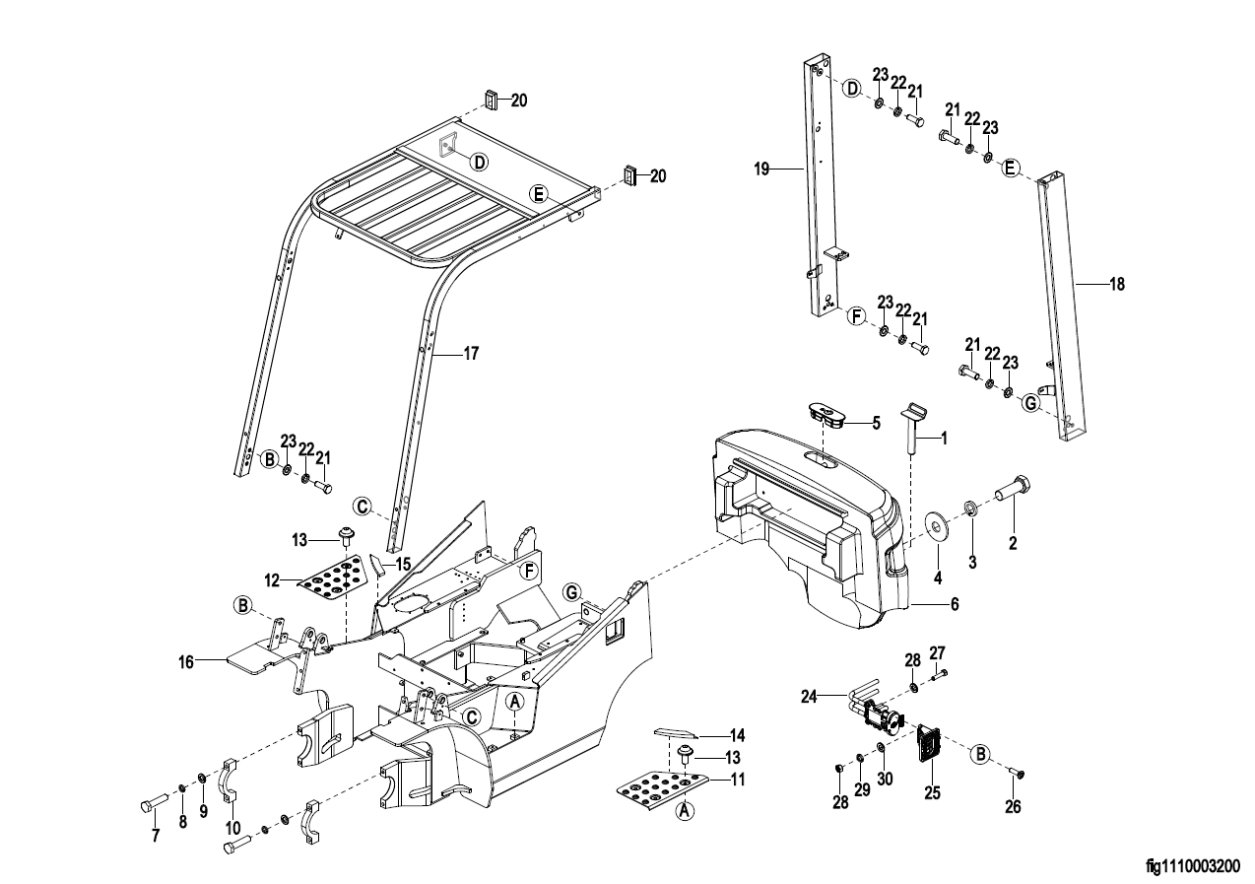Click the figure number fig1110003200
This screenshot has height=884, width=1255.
tap(1193, 866)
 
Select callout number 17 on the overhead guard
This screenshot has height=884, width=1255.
tap(471, 354)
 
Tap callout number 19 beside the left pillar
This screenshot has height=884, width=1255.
tap(761, 169)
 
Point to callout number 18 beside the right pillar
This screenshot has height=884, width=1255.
tap(1117, 284)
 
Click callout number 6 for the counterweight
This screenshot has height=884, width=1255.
tap(955, 604)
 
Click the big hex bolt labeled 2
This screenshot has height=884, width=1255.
tap(1013, 495)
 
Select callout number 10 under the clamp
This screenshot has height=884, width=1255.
tap(233, 828)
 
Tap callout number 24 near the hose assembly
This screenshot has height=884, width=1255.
tap(809, 697)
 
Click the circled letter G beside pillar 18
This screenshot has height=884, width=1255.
tap(1030, 404)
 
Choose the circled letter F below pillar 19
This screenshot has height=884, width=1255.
tap(855, 316)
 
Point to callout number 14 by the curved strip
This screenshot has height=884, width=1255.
tap(737, 735)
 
